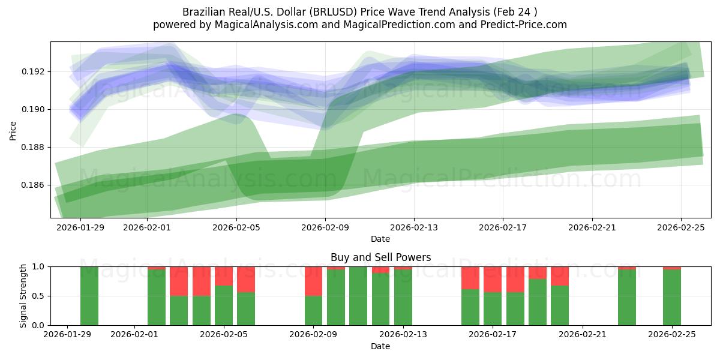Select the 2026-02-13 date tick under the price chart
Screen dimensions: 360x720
pos(414,227)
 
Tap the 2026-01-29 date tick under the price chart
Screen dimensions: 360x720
pos(80,227)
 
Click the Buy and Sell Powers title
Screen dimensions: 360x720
pos(380,257)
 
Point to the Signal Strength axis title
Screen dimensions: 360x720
pos(23,296)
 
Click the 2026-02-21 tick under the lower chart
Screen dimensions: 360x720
pos(583,335)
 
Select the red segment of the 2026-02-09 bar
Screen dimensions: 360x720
pos(313,281)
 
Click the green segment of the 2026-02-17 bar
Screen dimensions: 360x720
pos(493,309)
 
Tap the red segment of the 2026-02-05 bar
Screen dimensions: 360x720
pos(224,276)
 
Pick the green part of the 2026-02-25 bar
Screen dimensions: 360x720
pos(672,297)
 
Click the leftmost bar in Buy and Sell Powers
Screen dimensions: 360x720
pos(89,296)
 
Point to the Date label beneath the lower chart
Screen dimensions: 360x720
pos(380,346)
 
